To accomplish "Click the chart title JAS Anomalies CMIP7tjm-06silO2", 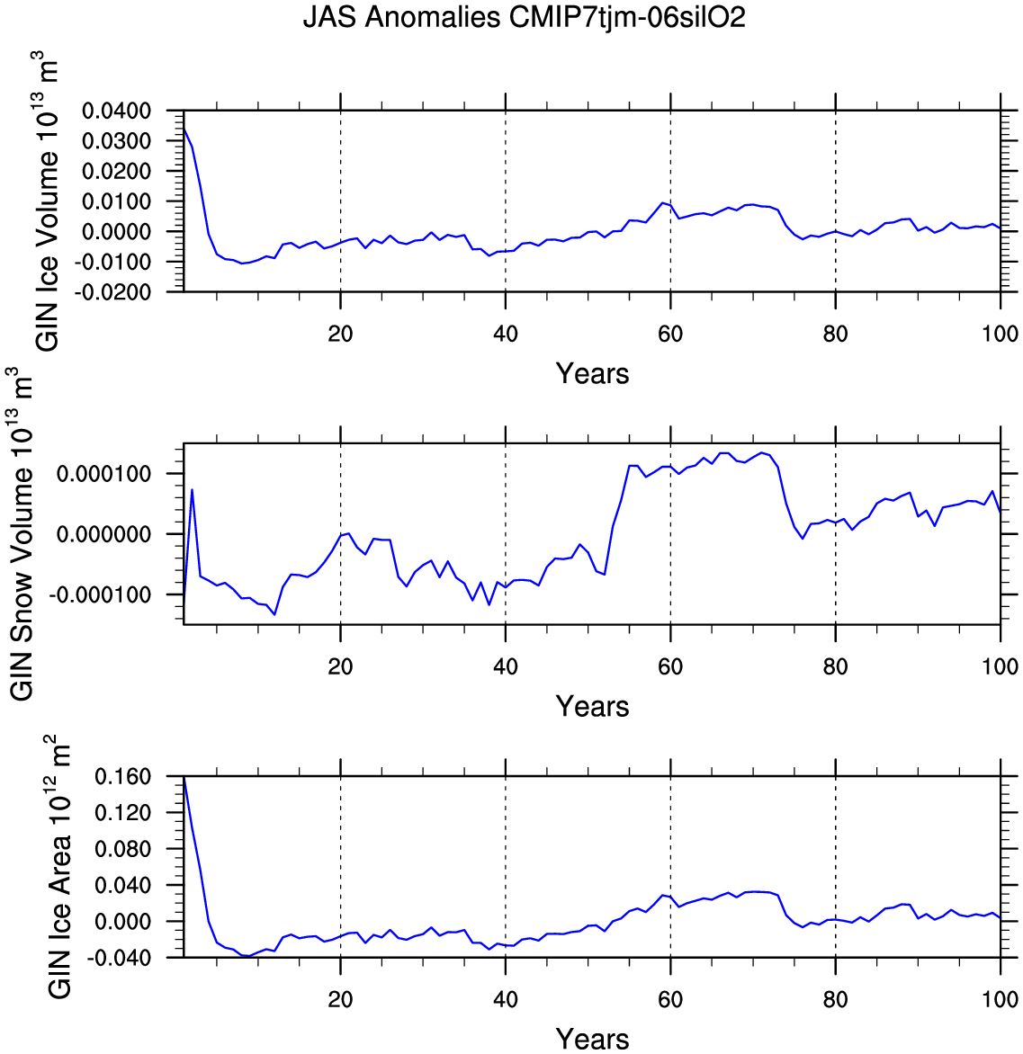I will [x=525, y=17].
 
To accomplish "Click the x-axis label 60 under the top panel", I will [x=670, y=335].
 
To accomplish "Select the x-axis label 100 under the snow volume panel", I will [x=1000, y=667].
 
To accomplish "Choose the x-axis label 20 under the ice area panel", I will [x=340, y=1000].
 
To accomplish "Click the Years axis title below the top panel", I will [x=592, y=373].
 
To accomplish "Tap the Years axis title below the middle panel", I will [x=592, y=706].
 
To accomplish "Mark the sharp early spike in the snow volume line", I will [x=193, y=489].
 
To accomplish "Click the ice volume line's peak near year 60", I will [x=663, y=202].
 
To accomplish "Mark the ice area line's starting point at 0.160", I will [x=184, y=778].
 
